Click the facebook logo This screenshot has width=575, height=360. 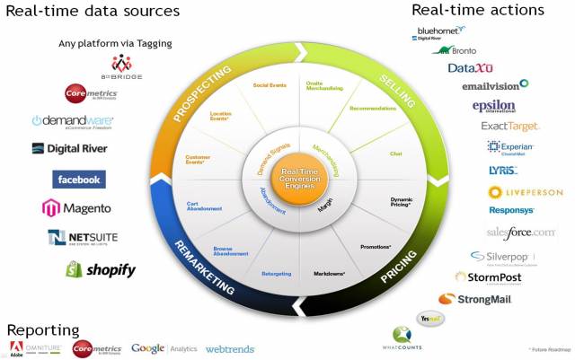click(79, 180)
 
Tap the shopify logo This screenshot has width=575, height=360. click(100, 269)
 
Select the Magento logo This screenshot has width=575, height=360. click(76, 208)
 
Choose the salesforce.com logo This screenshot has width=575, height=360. click(521, 232)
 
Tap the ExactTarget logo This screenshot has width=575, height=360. click(509, 127)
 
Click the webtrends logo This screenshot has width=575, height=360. click(230, 348)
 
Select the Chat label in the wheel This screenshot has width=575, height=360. click(395, 154)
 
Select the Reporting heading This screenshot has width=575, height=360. click(43, 329)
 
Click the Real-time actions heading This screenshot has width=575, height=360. click(477, 10)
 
